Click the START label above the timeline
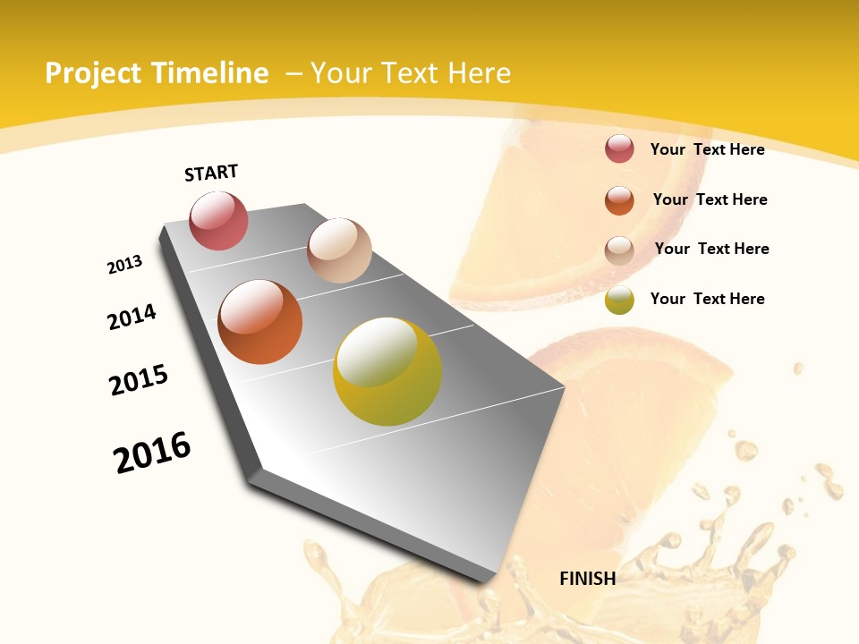pyautogui.click(x=211, y=173)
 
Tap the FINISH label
pyautogui.click(x=587, y=579)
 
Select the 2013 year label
pyautogui.click(x=125, y=265)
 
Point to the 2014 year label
pyautogui.click(x=132, y=318)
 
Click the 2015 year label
pyautogui.click(x=139, y=380)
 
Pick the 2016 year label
pyautogui.click(x=152, y=453)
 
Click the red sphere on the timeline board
pyautogui.click(x=218, y=221)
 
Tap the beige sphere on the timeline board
pyautogui.click(x=339, y=250)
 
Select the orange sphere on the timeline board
pyautogui.click(x=259, y=321)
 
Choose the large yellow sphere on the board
pyautogui.click(x=387, y=371)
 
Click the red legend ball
pyautogui.click(x=619, y=148)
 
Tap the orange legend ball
pyautogui.click(x=619, y=200)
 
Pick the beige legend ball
pyautogui.click(x=619, y=250)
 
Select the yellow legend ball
pyautogui.click(x=619, y=300)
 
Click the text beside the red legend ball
pyautogui.click(x=707, y=149)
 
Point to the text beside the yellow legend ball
pyautogui.click(x=707, y=299)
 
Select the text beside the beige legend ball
pyautogui.click(x=711, y=249)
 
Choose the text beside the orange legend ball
pyautogui.click(x=710, y=199)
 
